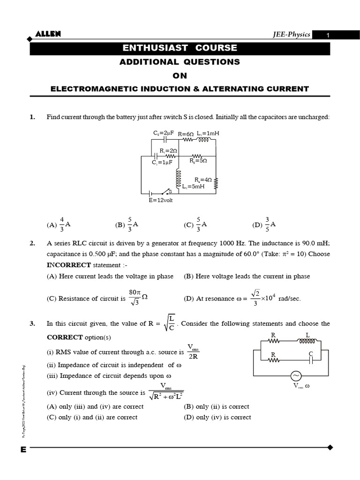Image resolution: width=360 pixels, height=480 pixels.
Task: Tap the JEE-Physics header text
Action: click(x=292, y=35)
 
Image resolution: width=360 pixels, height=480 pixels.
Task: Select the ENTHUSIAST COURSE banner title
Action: click(x=180, y=48)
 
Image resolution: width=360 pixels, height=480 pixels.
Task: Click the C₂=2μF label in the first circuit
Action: click(x=164, y=133)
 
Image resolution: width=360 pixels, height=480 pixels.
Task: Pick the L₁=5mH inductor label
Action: click(x=194, y=186)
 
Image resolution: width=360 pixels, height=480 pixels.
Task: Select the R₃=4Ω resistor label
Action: click(x=203, y=180)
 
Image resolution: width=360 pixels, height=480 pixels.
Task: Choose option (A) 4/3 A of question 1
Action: click(x=59, y=225)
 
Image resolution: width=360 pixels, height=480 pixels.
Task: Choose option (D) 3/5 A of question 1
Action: click(x=264, y=225)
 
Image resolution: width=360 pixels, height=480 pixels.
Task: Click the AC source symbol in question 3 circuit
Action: click(x=296, y=376)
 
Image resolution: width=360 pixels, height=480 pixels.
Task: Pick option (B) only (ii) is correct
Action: click(x=216, y=406)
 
